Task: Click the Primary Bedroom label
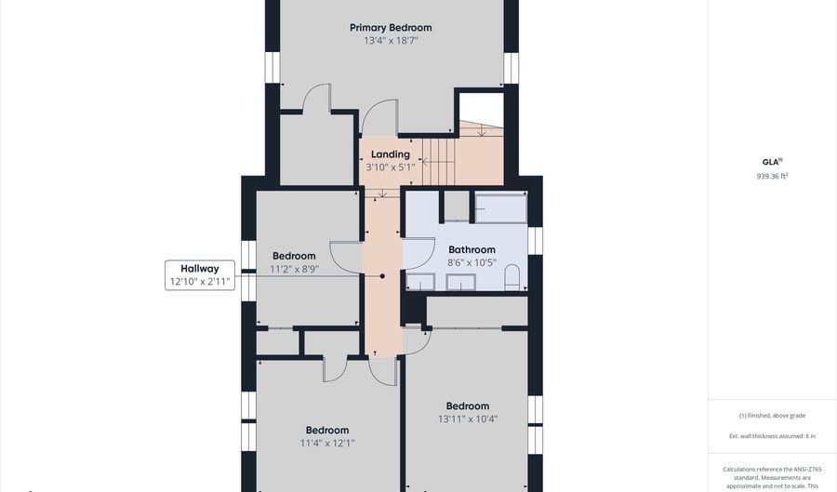pos(391,28)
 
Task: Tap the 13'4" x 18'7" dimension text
pos(391,41)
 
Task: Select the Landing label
pos(391,154)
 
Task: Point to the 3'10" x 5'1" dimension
pos(391,167)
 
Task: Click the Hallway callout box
pos(200,275)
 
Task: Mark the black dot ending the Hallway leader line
pos(382,276)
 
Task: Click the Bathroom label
pos(472,249)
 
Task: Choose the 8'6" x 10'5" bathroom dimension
pos(472,262)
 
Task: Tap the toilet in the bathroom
pos(511,277)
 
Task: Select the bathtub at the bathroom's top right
pos(500,207)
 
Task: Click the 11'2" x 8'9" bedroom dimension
pos(294,269)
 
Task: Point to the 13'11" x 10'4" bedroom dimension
pos(468,419)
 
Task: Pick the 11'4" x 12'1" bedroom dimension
pos(327,443)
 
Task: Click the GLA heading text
pos(771,162)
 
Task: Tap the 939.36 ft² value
pos(773,176)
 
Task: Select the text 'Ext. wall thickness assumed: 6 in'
pos(773,436)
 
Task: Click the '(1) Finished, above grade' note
pos(773,415)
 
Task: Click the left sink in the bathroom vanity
pos(420,282)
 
